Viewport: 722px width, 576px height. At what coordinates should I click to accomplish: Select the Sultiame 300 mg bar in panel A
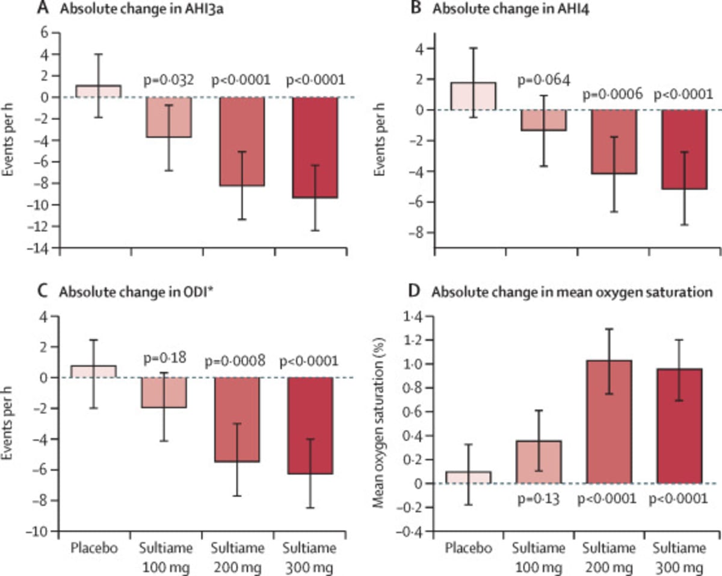[x=312, y=147]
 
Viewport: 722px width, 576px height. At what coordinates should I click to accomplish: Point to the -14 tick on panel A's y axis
[x=44, y=248]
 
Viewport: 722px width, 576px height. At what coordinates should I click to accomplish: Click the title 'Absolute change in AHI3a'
[x=130, y=11]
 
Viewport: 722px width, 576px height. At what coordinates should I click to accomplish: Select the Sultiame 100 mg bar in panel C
[x=163, y=392]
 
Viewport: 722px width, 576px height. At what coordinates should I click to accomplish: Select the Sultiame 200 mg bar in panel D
[x=609, y=422]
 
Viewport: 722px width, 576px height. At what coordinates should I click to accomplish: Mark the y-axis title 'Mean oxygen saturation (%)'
[x=381, y=416]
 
